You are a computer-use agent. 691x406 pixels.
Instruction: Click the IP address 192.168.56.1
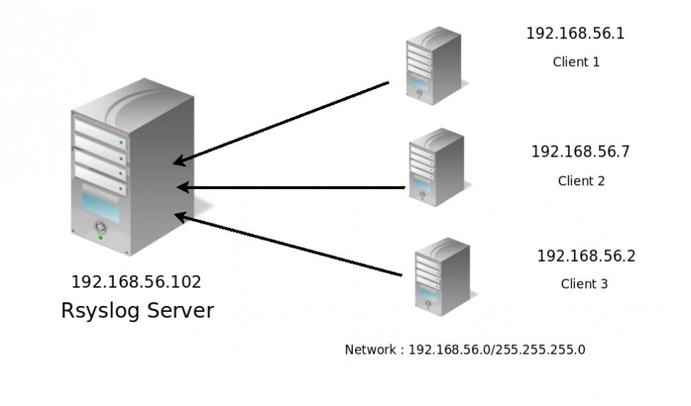[575, 34]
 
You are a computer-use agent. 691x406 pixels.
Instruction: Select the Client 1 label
[576, 62]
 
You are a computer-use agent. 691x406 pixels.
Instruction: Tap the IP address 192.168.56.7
[580, 152]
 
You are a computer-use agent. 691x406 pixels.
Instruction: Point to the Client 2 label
[581, 181]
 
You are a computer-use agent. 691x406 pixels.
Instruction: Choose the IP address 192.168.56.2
[586, 257]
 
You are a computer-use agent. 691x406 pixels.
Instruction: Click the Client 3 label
[584, 284]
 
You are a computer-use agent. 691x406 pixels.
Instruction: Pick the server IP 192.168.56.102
[136, 282]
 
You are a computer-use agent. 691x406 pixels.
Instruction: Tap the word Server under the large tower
[179, 311]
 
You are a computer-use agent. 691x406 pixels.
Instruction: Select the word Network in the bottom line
[371, 349]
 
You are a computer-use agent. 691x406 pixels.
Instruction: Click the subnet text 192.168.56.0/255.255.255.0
[497, 349]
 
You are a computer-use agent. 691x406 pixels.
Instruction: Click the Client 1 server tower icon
[433, 65]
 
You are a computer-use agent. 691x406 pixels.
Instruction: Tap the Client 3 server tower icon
[441, 276]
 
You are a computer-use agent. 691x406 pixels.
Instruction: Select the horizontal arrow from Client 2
[291, 188]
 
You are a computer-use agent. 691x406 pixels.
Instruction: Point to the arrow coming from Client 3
[288, 245]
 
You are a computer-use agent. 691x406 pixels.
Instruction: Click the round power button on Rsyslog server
[100, 228]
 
